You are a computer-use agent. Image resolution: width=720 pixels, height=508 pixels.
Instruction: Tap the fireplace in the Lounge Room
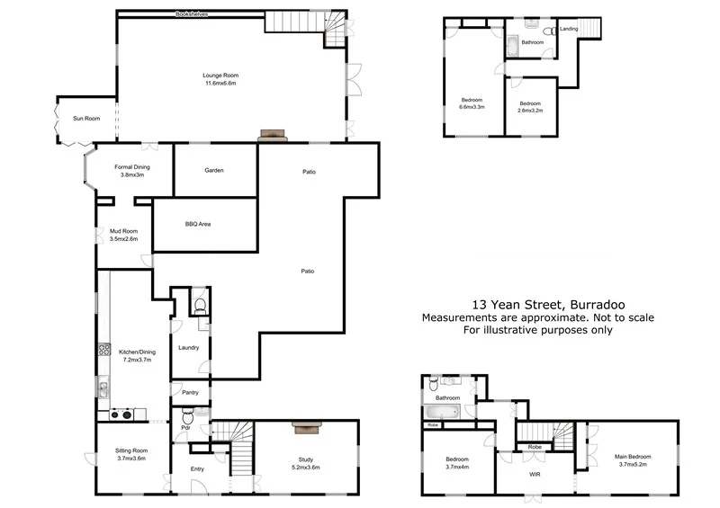click(273, 136)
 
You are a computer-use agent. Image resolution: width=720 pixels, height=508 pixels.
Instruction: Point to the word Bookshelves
click(192, 14)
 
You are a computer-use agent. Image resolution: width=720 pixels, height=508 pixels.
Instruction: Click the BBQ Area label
click(197, 224)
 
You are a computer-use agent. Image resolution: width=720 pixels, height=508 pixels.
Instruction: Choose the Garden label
click(213, 170)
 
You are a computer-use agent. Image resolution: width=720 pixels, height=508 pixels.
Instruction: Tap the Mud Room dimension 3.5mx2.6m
click(123, 240)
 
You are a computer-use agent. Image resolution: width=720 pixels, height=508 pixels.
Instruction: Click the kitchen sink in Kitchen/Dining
click(103, 389)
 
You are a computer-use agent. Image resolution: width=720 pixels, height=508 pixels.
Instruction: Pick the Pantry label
click(189, 393)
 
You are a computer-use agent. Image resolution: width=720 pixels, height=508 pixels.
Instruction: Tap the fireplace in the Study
click(304, 428)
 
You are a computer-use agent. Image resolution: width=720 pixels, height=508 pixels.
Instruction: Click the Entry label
click(197, 468)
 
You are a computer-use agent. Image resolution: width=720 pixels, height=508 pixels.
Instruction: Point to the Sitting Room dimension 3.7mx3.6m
click(130, 459)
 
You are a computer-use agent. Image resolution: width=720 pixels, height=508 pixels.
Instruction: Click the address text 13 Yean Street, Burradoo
click(538, 304)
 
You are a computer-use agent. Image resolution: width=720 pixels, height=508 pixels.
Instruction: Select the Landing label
click(569, 29)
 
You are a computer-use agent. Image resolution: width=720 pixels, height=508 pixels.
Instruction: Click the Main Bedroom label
click(634, 457)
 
